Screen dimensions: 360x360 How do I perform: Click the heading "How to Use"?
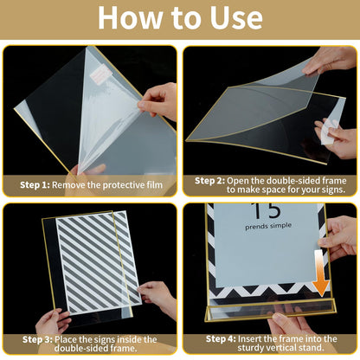pos(180,19)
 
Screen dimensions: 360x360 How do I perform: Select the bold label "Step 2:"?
pos(210,180)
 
